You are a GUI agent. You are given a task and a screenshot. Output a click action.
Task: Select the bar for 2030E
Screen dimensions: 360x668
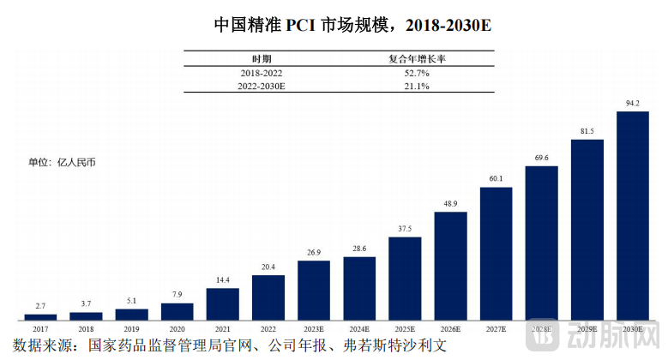tap(633, 215)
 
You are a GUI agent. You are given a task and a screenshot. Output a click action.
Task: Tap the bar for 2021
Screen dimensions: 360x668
tap(223, 303)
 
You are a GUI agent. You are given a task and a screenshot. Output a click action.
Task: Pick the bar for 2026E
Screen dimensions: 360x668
tap(451, 266)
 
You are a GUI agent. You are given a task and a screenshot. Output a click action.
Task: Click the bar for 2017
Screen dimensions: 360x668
tap(40, 316)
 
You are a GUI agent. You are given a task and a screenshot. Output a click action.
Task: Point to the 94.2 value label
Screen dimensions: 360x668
tap(633, 104)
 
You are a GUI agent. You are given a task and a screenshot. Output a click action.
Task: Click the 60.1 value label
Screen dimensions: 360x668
tap(496, 179)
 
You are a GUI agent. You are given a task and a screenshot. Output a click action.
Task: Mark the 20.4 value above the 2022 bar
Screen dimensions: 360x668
tap(268, 267)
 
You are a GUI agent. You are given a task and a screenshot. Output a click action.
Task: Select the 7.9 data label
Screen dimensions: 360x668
tap(178, 295)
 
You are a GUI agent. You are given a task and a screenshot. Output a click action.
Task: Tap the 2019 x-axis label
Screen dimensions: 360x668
tap(131, 328)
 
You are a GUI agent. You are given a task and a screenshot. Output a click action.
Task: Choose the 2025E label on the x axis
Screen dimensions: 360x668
tap(405, 328)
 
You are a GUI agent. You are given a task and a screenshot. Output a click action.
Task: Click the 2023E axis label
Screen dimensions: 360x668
tap(314, 328)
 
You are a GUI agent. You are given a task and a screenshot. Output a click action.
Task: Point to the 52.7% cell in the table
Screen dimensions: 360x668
tap(416, 74)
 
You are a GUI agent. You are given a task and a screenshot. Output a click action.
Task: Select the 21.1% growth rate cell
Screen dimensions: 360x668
tap(416, 87)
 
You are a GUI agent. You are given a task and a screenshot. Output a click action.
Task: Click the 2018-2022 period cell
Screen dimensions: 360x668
tap(262, 74)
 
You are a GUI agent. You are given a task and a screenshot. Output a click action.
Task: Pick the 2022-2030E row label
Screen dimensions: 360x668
tap(262, 87)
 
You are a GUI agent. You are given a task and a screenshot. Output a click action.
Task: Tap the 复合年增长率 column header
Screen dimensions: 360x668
tap(416, 59)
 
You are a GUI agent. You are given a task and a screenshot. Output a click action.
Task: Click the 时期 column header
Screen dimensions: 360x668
tap(262, 59)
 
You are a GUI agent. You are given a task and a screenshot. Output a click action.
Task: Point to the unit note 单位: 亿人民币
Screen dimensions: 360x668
tap(62, 162)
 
